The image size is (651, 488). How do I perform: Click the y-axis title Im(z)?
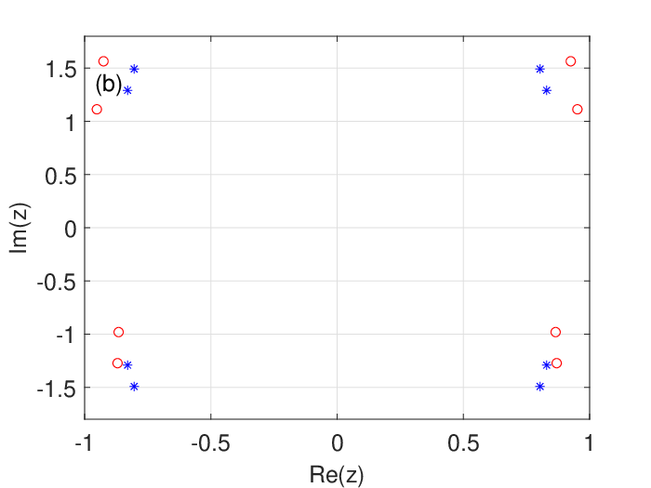pyautogui.click(x=19, y=228)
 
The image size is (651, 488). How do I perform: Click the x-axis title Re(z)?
pyautogui.click(x=337, y=474)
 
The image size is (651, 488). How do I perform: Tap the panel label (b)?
pyautogui.click(x=109, y=85)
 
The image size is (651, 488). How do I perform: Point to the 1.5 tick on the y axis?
pyautogui.click(x=61, y=69)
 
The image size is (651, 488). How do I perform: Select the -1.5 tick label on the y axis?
pyautogui.click(x=57, y=388)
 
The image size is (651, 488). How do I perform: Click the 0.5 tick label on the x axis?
pyautogui.click(x=463, y=443)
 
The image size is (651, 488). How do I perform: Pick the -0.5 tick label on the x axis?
pyautogui.click(x=210, y=443)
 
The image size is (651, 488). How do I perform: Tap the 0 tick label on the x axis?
pyautogui.click(x=337, y=443)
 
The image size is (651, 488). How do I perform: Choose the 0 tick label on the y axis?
pyautogui.click(x=71, y=229)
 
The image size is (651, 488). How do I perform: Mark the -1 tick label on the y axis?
pyautogui.click(x=66, y=335)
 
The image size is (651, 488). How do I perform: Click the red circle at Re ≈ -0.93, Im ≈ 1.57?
pyautogui.click(x=103, y=61)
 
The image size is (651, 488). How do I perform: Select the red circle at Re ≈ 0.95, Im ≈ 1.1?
pyautogui.click(x=578, y=109)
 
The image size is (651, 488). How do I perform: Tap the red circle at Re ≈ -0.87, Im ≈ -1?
pyautogui.click(x=118, y=332)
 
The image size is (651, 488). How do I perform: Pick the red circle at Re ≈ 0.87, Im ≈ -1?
pyautogui.click(x=555, y=332)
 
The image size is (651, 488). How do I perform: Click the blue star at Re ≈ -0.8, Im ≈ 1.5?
pyautogui.click(x=134, y=69)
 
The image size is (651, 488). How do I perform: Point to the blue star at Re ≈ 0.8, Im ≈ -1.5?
pyautogui.click(x=539, y=387)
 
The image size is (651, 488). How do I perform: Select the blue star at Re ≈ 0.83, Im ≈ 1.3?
pyautogui.click(x=547, y=90)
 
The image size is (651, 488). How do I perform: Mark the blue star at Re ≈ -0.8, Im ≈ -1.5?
pyautogui.click(x=134, y=387)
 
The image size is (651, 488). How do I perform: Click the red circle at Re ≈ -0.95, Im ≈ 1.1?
pyautogui.click(x=97, y=109)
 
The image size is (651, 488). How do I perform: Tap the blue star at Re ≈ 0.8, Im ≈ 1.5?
pyautogui.click(x=539, y=69)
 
